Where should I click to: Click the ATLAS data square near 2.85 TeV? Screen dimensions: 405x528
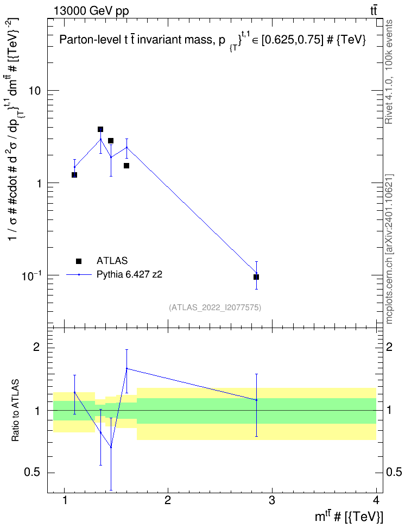pos(256,277)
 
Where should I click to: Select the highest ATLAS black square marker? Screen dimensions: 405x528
pos(100,129)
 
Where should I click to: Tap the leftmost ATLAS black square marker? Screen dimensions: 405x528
pos(74,175)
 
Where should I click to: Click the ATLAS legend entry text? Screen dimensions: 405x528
pos(112,261)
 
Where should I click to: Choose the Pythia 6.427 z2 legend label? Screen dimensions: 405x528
pos(129,274)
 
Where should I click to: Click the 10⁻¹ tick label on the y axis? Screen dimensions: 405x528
pos(31,275)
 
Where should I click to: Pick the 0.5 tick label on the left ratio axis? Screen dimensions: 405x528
pos(31,473)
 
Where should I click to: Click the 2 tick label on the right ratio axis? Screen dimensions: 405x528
pos(389,347)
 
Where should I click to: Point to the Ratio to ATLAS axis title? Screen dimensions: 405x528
pos(15,411)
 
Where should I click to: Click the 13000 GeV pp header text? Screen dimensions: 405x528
pos(91,11)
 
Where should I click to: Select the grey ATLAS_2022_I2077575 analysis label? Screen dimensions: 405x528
pos(215,307)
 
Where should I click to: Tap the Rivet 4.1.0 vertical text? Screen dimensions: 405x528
pos(389,72)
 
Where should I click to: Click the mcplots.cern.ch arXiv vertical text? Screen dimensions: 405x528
pos(389,249)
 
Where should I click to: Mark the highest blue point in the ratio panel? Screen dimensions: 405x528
pos(126,368)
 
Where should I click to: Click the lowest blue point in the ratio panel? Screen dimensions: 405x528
pos(111,447)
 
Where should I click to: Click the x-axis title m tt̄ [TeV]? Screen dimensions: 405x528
pos(349,517)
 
